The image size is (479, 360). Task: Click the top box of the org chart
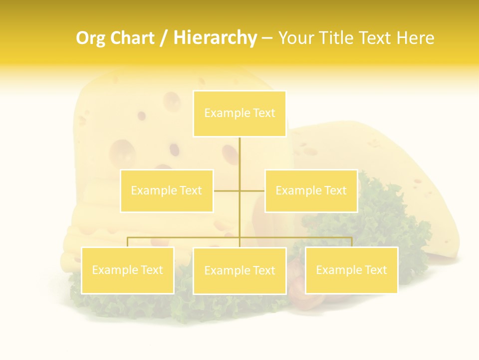[239, 113]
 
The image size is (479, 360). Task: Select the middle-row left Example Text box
[167, 190]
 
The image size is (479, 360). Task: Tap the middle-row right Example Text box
[311, 190]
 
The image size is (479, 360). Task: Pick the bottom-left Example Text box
[128, 270]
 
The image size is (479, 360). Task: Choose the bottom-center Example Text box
[239, 270]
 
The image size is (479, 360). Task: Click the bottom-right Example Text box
[351, 270]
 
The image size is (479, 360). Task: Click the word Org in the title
[90, 38]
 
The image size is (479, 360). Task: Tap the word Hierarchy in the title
[215, 38]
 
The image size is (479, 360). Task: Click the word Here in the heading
[415, 38]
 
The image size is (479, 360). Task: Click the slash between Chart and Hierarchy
[163, 38]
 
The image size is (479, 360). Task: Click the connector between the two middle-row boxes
[239, 190]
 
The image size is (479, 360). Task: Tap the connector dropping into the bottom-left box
[128, 242]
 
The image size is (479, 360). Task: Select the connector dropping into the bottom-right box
[351, 242]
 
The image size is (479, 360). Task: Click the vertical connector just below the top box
[239, 150]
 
